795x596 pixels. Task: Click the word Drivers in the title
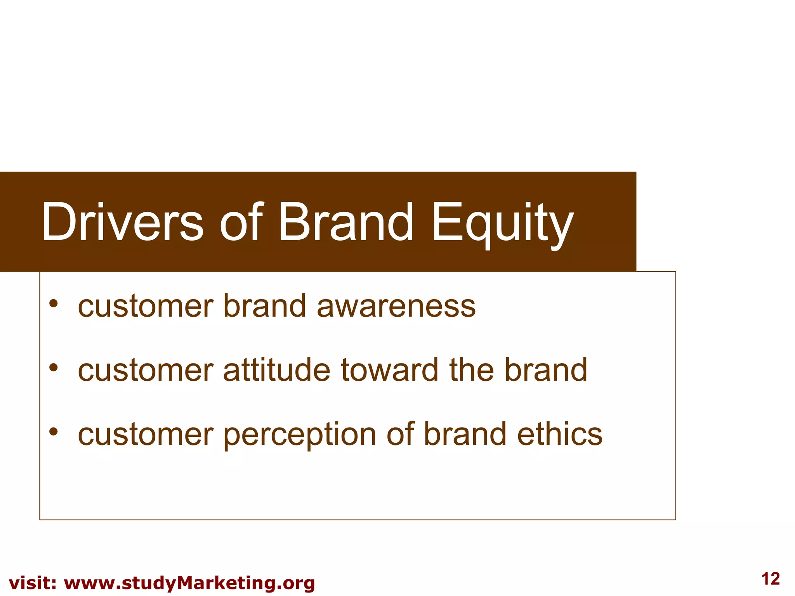click(122, 222)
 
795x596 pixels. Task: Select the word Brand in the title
click(346, 222)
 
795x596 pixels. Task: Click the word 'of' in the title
click(241, 222)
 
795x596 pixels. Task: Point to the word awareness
click(396, 306)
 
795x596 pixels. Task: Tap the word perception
click(300, 435)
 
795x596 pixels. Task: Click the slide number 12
click(771, 579)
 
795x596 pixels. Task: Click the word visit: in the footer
click(33, 583)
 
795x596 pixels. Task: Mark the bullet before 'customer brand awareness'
click(54, 303)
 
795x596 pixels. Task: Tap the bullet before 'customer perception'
click(54, 431)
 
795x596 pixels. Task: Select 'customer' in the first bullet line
click(146, 307)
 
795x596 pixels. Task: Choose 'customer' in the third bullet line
click(146, 435)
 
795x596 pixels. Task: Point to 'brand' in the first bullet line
click(265, 306)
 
